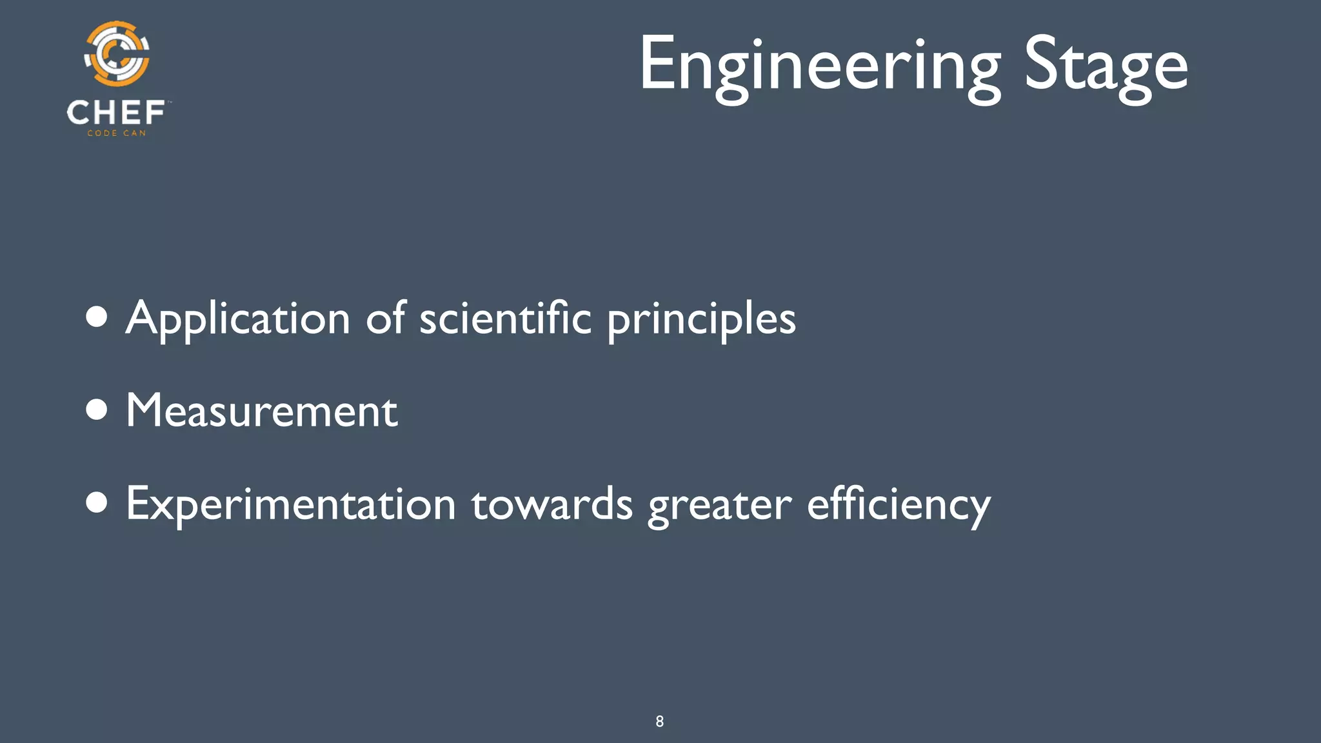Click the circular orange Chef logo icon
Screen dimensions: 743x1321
coord(117,54)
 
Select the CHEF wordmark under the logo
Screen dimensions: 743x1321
coord(116,113)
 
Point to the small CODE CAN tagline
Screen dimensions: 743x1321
coord(117,134)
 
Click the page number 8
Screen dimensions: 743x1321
coord(659,721)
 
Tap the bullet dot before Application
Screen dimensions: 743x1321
coord(97,317)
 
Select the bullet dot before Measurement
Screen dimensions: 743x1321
coord(97,410)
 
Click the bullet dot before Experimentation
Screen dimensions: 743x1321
coord(97,503)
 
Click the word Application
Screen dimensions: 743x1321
coord(237,319)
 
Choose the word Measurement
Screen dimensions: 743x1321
coord(262,410)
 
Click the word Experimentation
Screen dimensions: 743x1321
coord(291,504)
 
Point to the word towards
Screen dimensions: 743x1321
coord(551,504)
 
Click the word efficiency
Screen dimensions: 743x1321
coord(899,504)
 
